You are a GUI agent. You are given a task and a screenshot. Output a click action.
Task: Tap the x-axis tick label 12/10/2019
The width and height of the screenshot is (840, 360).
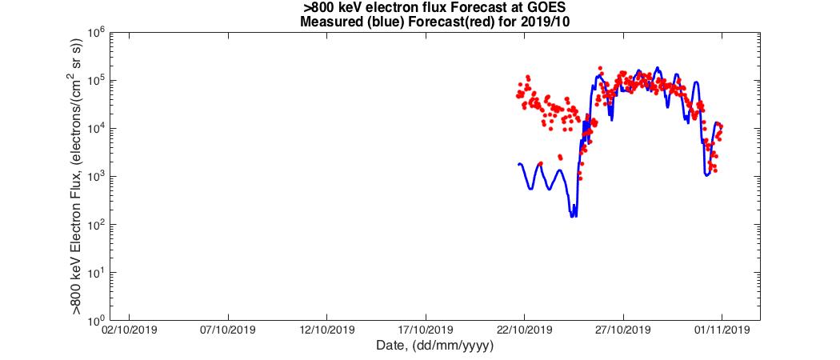(326, 330)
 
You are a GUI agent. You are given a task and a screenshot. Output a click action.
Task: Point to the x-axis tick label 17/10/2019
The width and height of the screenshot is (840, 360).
(426, 330)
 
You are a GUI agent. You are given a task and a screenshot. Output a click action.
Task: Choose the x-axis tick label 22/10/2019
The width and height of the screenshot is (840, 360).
(525, 330)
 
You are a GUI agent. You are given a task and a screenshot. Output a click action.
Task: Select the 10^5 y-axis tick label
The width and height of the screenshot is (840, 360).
(96, 82)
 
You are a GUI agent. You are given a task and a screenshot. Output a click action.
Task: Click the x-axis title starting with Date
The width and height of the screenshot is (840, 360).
(434, 346)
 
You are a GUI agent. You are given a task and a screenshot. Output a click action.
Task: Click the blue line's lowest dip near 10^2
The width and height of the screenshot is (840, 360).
(573, 215)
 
